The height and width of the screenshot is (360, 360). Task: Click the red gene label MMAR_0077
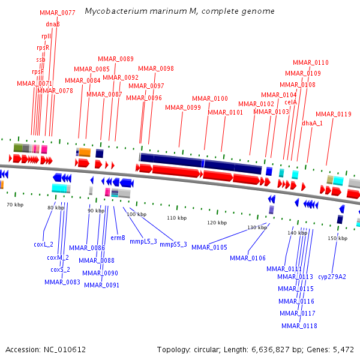coord(57,13)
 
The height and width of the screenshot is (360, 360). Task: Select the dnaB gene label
coord(53,24)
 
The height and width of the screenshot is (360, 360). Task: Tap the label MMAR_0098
coord(156,68)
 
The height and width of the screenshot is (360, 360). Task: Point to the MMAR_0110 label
coord(311,62)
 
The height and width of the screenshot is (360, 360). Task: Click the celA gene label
coord(290,102)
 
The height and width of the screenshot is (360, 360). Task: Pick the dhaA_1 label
coord(312,123)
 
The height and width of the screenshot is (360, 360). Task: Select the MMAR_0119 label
coord(334,114)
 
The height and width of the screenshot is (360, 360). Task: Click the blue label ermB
coord(118,238)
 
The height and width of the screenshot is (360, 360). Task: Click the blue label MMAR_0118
coord(299,326)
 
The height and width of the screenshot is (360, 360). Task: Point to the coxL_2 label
coord(43,244)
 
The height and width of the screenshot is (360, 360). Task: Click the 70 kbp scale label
coord(15,205)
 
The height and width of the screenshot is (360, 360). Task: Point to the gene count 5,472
coord(343,349)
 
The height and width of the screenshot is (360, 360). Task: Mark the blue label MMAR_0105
coord(209,247)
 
